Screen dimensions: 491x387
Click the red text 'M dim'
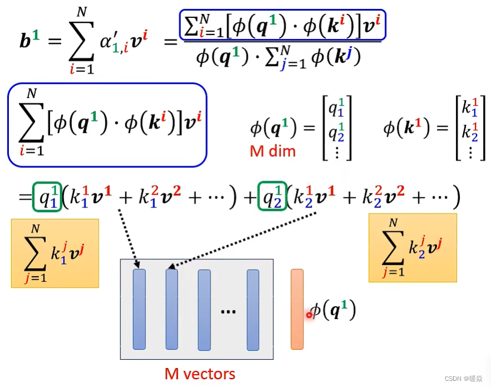[272, 151]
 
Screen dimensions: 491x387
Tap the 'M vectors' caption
[200, 374]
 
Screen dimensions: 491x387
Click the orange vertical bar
[297, 309]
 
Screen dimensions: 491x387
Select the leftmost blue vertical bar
[139, 309]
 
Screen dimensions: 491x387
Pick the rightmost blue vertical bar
[253, 309]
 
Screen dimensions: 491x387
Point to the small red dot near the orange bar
[308, 315]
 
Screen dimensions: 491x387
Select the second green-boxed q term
[272, 196]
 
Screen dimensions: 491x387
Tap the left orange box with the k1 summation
[55, 253]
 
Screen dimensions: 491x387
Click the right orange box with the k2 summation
[412, 248]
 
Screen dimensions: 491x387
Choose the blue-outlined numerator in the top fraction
[283, 26]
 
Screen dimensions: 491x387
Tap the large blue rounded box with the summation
[107, 124]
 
